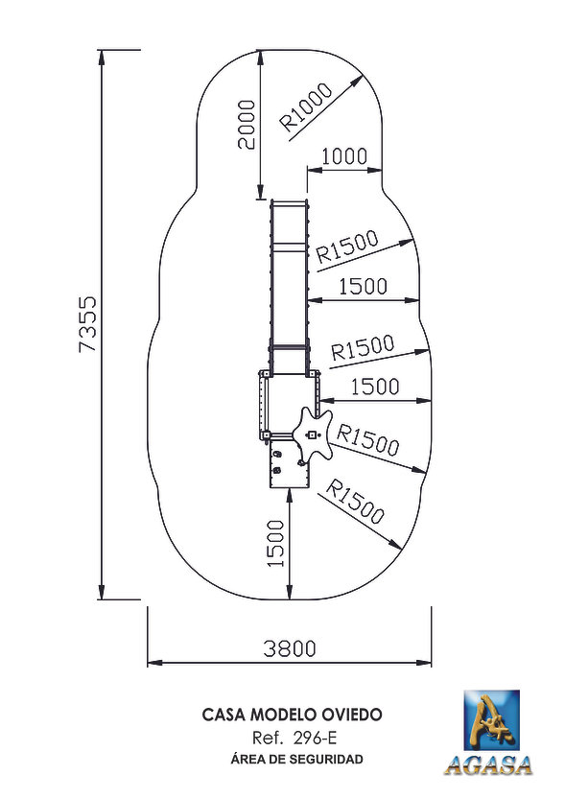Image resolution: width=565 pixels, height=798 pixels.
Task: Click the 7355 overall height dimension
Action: [x=88, y=325]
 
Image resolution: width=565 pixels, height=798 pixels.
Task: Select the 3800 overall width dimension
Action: [x=290, y=648]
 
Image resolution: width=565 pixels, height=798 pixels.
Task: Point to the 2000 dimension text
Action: [x=247, y=124]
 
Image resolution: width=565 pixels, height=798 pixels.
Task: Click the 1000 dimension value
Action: [x=344, y=156]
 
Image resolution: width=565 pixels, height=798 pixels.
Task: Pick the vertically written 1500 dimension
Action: [x=275, y=543]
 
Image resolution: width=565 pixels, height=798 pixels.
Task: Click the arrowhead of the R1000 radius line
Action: [x=358, y=81]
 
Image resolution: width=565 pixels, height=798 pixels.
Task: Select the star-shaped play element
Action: [x=312, y=434]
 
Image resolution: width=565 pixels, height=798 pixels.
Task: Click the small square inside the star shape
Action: [x=312, y=434]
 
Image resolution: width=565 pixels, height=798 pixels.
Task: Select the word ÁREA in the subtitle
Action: [x=247, y=759]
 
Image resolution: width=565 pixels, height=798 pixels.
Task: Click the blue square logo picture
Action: [x=491, y=720]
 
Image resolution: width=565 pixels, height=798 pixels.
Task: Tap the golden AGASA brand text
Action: [x=488, y=766]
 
